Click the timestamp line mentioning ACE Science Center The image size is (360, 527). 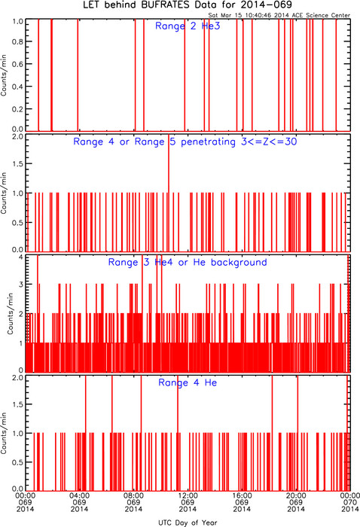[x=279, y=15]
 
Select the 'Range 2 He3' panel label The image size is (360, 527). [x=188, y=26]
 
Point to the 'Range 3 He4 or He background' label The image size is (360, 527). [x=188, y=262]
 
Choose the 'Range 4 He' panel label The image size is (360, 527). [x=188, y=382]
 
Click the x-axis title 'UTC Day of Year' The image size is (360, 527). [x=188, y=522]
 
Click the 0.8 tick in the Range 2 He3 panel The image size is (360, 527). [x=17, y=41]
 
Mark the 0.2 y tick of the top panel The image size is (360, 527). [x=17, y=109]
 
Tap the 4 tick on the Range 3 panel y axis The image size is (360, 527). [x=21, y=257]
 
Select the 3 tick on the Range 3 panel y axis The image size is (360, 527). [x=21, y=285]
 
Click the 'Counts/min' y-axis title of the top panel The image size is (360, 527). [x=4, y=75]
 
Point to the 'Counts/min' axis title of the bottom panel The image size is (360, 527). [x=4, y=433]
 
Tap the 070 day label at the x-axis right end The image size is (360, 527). [x=350, y=502]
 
